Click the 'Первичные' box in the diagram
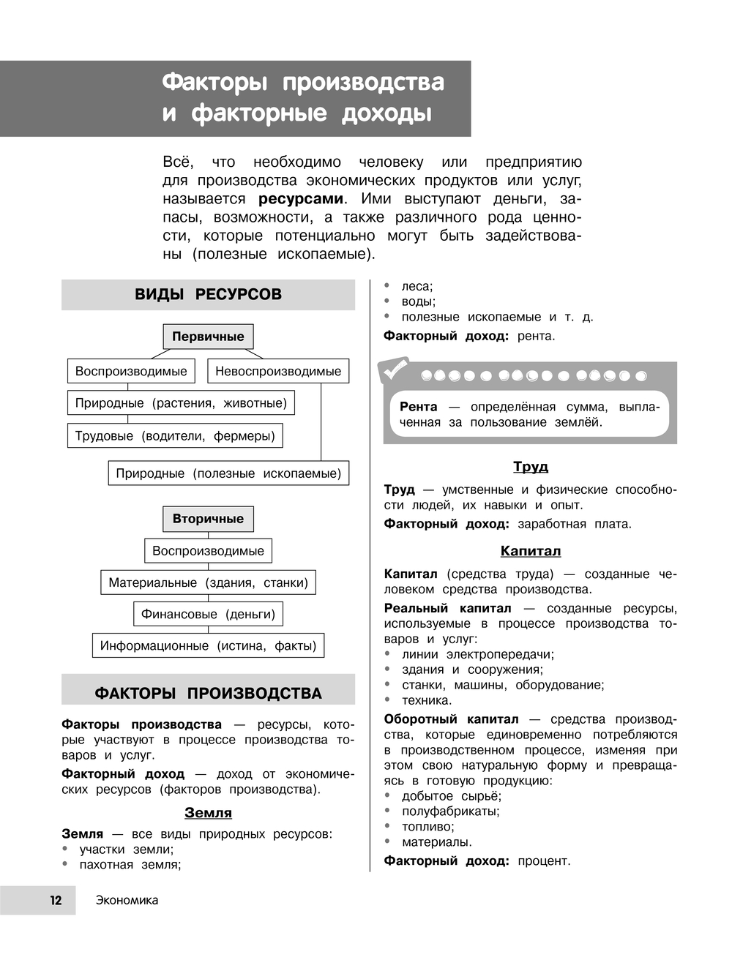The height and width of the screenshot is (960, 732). [x=208, y=337]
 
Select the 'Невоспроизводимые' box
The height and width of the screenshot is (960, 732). [x=278, y=371]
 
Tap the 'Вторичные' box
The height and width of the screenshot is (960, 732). [x=208, y=519]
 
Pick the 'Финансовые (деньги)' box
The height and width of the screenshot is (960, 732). [x=208, y=614]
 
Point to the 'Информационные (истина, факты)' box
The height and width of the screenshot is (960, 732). [x=208, y=645]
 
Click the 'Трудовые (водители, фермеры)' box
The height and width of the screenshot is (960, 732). [x=175, y=436]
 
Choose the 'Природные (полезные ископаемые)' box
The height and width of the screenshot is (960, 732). [x=228, y=473]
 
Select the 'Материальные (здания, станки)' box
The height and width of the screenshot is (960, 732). [x=208, y=582]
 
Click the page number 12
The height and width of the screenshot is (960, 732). [x=56, y=901]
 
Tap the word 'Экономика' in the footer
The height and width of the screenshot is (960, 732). [x=127, y=901]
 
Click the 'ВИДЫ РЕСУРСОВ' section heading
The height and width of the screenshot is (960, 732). [x=208, y=295]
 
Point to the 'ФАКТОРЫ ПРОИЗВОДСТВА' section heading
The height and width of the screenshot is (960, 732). [x=208, y=693]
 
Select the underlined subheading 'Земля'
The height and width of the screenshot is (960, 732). [x=208, y=813]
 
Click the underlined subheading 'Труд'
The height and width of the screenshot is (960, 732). [x=531, y=467]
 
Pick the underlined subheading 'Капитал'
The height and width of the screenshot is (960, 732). [x=531, y=551]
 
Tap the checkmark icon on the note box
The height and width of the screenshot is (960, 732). [x=395, y=370]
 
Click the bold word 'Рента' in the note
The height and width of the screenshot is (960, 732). [x=419, y=407]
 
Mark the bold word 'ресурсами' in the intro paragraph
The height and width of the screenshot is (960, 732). [x=300, y=199]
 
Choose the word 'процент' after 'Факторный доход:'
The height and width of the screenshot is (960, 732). [x=543, y=861]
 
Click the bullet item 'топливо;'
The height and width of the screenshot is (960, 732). [x=427, y=827]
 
